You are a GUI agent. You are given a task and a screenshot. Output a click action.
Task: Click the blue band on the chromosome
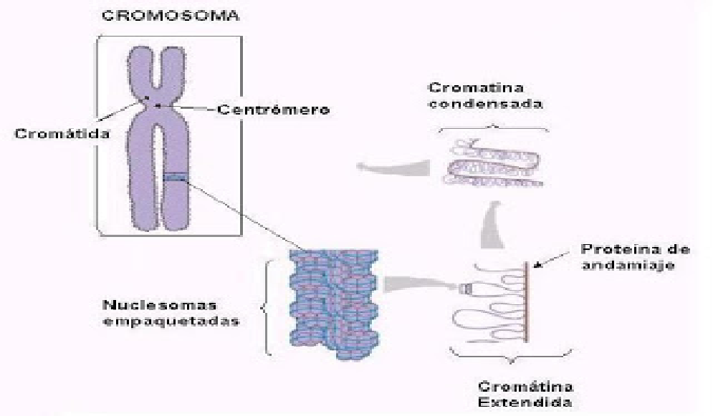click(175, 178)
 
